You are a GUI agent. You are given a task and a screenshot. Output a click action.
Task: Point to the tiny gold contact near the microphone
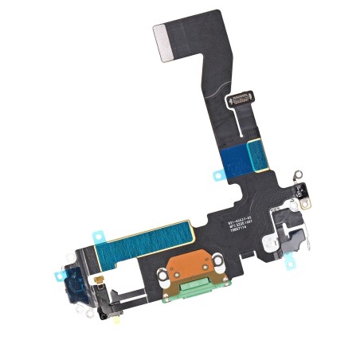[102, 280]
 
